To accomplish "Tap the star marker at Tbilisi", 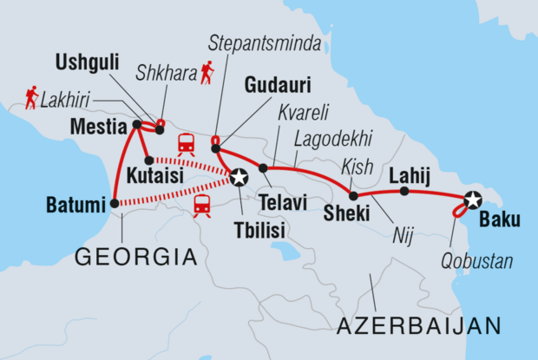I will [239, 178].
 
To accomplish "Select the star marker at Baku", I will [472, 200].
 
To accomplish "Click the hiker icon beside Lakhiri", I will [31, 99].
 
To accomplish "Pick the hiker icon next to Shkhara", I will [207, 73].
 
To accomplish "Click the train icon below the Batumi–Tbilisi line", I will [202, 205].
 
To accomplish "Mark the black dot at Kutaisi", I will [149, 160].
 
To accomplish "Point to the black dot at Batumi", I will [115, 205].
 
